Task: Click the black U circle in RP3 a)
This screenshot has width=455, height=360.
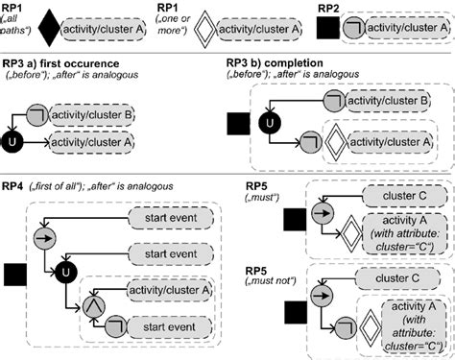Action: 12,144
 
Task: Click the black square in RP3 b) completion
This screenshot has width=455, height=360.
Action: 234,123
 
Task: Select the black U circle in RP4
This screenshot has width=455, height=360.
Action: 63,263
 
